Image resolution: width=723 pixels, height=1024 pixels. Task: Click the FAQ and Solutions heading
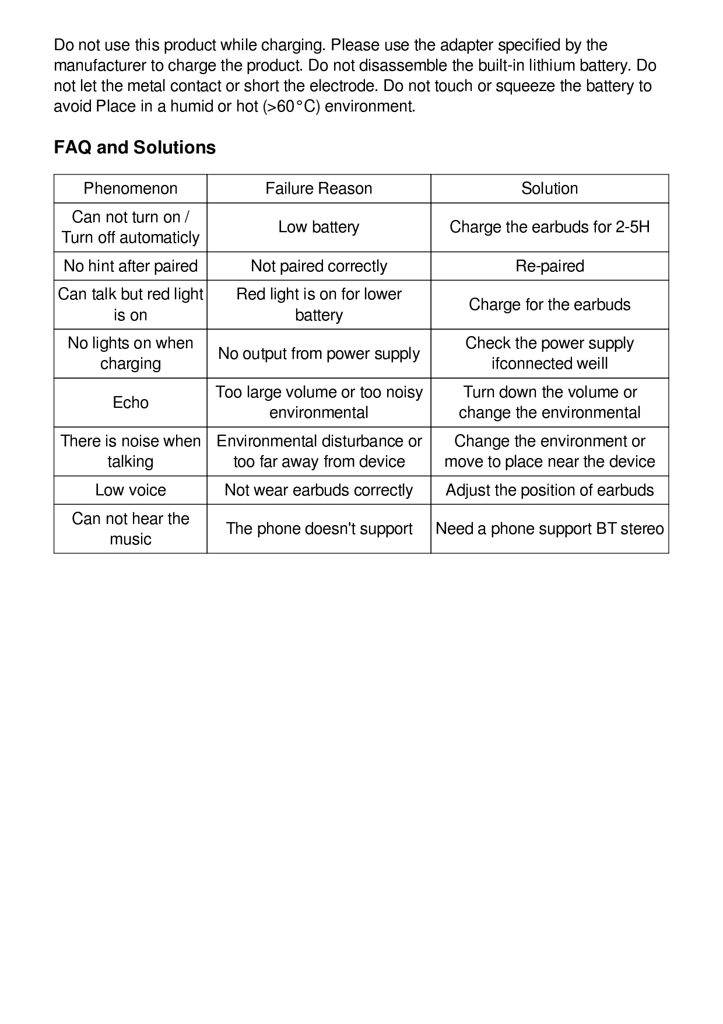(x=135, y=148)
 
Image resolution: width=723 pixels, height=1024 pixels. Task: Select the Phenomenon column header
(x=131, y=188)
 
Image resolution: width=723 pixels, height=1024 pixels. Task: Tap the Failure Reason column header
(x=318, y=188)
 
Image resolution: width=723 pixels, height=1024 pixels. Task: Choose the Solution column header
(x=549, y=188)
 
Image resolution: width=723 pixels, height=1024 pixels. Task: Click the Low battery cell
(x=318, y=227)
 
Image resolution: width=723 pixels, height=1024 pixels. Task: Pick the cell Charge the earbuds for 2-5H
(x=549, y=227)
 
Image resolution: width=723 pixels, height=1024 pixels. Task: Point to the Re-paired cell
(x=549, y=266)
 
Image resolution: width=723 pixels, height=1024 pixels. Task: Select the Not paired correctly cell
(x=318, y=266)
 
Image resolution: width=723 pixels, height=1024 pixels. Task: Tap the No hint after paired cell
(x=131, y=266)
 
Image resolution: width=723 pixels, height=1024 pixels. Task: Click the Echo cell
(x=131, y=403)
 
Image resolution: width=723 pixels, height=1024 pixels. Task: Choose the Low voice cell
(x=131, y=490)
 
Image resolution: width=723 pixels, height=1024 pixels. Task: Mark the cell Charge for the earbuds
(x=549, y=305)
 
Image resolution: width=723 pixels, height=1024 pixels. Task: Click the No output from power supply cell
(x=318, y=354)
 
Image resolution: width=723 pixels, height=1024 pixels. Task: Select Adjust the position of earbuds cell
(x=549, y=490)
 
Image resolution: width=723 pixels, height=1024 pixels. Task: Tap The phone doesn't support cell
(x=318, y=529)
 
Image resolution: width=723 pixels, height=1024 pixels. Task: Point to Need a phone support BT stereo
(x=549, y=529)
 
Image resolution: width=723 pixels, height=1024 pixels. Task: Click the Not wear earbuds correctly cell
(x=318, y=490)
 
